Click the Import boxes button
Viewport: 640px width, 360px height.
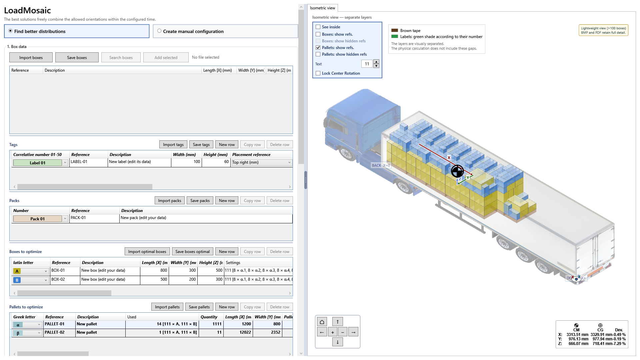coord(31,57)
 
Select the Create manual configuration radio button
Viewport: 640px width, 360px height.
coord(159,31)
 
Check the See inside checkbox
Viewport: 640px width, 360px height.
coord(318,27)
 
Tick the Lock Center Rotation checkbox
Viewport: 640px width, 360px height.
coord(318,73)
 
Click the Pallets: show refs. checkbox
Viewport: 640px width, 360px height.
coord(318,48)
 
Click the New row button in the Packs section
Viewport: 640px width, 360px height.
coord(227,200)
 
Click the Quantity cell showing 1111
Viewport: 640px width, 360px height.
coord(211,324)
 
